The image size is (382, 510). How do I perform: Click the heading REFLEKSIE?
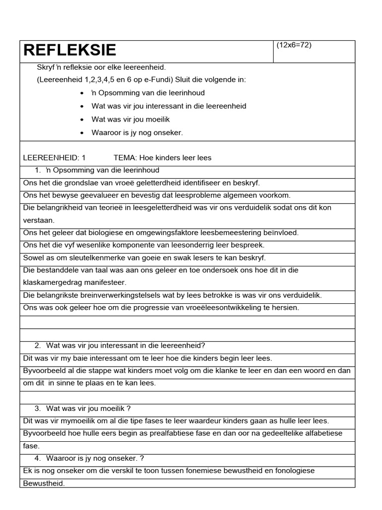pos(70,50)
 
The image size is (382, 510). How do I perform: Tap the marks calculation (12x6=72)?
pos(294,45)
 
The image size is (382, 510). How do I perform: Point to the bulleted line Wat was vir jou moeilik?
pos(131,119)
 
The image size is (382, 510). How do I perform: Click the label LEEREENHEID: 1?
pos(54,157)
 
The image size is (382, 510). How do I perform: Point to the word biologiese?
pos(94,233)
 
